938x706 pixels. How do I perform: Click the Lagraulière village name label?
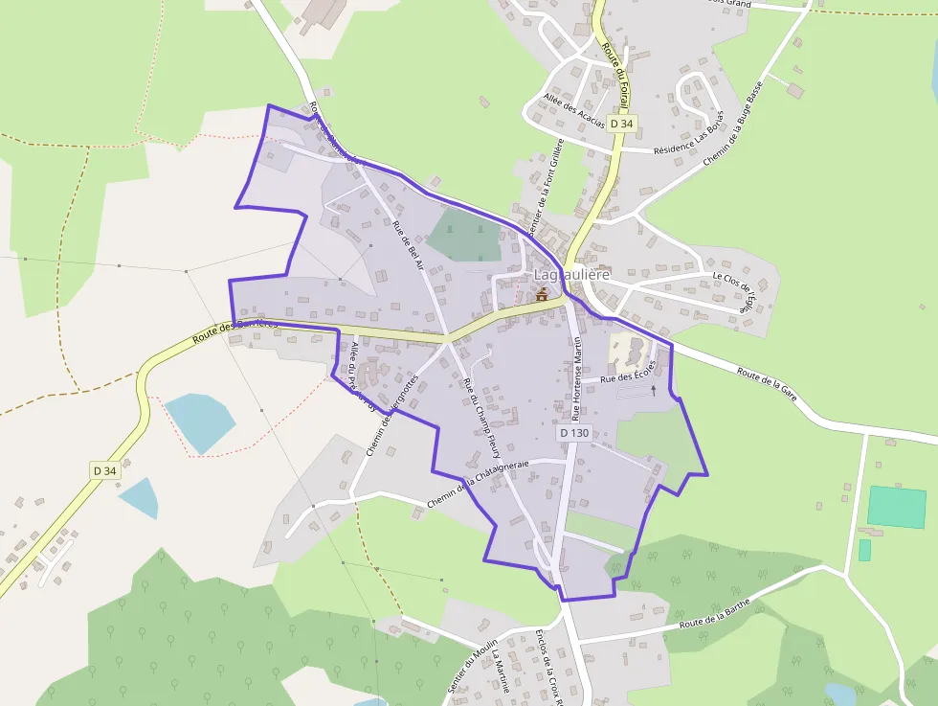click(571, 275)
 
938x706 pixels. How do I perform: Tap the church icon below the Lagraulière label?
click(543, 295)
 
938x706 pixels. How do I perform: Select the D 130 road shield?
click(574, 433)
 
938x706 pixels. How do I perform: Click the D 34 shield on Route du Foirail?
click(622, 124)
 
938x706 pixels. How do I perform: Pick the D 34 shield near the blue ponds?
click(105, 470)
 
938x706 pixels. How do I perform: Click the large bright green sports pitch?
click(897, 507)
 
